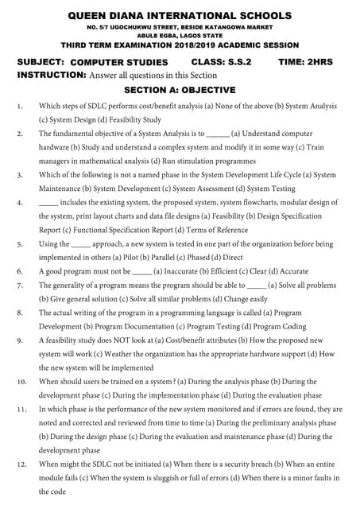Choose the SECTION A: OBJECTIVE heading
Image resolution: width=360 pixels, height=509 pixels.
[x=180, y=90]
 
